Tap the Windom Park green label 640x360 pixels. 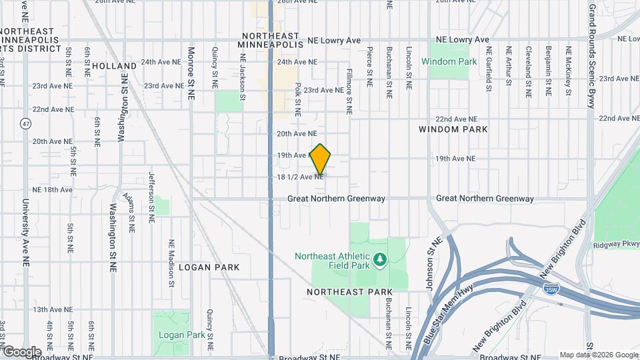tap(449, 61)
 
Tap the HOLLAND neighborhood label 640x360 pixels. tap(114, 66)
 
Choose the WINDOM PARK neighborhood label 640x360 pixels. tap(453, 129)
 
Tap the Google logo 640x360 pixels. tap(21, 351)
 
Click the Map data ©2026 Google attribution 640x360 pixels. tap(599, 355)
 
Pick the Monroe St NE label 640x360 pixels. tap(191, 73)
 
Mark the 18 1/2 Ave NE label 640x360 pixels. tap(301, 177)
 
